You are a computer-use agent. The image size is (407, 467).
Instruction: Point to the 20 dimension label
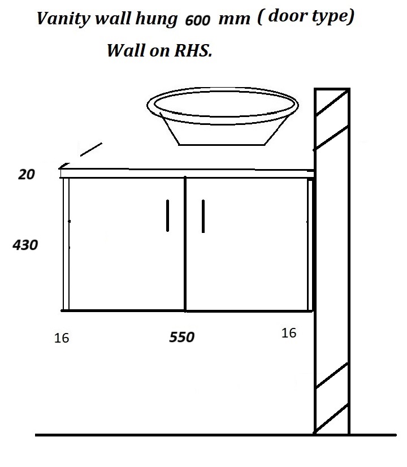coord(27,175)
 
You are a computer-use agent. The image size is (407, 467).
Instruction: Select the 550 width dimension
coord(182,338)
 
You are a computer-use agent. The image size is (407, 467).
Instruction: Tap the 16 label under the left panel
coord(62,338)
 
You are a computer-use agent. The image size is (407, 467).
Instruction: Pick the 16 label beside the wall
coord(288,333)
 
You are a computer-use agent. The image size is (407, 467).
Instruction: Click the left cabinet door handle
coord(168,215)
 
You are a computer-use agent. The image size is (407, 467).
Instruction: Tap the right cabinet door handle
coord(203,215)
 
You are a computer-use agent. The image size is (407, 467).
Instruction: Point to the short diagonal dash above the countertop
coord(90,149)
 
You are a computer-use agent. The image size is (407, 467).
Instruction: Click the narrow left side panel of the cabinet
coord(66,244)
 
